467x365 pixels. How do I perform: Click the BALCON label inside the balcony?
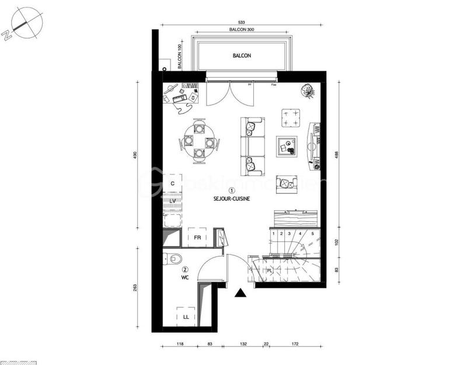coord(241,55)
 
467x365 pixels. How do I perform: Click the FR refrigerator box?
coord(197,238)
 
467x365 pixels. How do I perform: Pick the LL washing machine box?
coord(186,317)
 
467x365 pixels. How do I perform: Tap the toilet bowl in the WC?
coord(174,258)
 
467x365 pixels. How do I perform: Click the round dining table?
coord(200,141)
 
